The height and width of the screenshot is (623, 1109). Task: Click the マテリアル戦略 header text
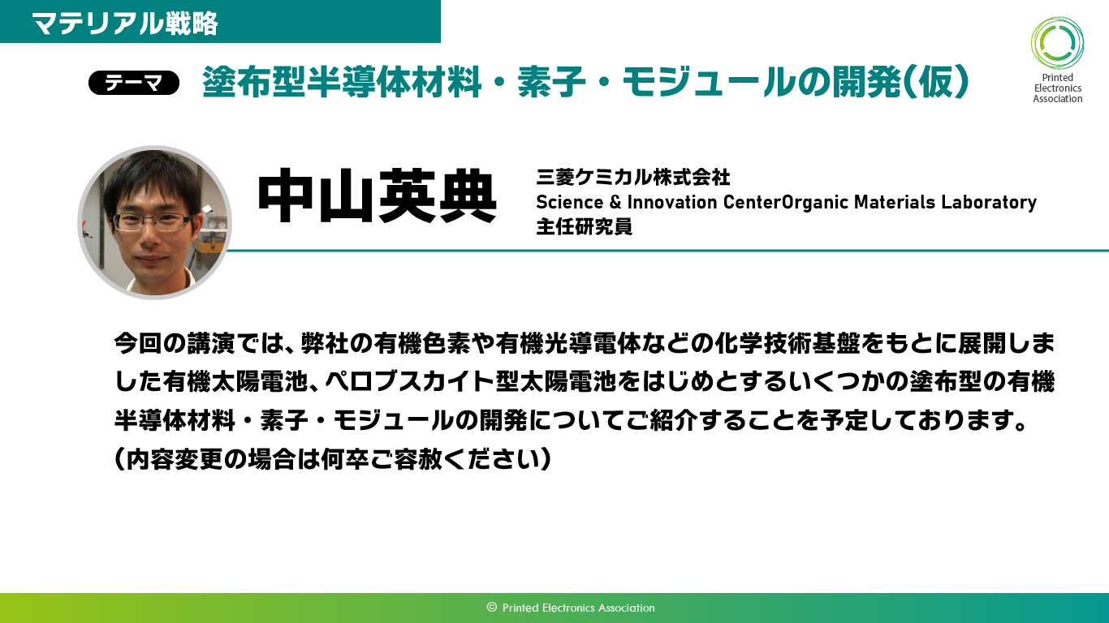tap(125, 23)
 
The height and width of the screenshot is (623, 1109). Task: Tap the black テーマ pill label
tap(134, 83)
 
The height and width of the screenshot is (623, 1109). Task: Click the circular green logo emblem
tap(1057, 43)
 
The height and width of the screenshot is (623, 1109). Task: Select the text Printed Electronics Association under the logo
tap(1058, 88)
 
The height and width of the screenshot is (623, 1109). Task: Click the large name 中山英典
tap(377, 196)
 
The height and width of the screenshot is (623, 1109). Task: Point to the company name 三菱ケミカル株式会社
tap(632, 177)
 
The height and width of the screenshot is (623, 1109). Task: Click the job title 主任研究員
tap(585, 226)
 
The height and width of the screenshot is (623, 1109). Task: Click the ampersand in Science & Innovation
tap(615, 202)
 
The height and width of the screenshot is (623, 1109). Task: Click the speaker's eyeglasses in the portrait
tap(153, 221)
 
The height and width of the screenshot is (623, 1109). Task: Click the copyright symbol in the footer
tap(492, 607)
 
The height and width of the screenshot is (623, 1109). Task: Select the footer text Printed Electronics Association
tap(578, 608)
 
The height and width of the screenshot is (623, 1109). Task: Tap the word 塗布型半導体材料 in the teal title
tap(342, 82)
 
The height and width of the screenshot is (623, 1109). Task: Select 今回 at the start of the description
tap(138, 343)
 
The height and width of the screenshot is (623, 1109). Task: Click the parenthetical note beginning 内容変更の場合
tap(333, 459)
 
